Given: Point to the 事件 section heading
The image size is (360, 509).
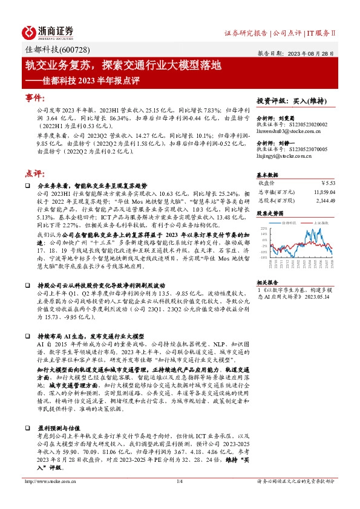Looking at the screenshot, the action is pos(34,98).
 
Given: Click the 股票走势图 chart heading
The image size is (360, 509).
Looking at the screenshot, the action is pos(270,213).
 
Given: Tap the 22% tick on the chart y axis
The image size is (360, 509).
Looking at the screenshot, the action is pos(263,229).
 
